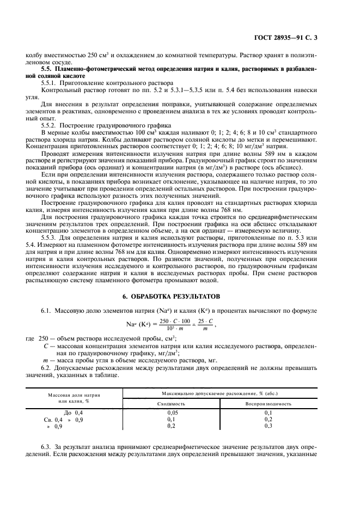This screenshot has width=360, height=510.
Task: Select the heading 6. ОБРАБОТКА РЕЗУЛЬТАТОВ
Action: pos(180,296)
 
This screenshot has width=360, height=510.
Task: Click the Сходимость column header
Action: pos(172,404)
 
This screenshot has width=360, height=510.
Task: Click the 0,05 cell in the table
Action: pos(172,414)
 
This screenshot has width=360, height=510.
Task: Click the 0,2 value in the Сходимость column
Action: pos(172,426)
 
